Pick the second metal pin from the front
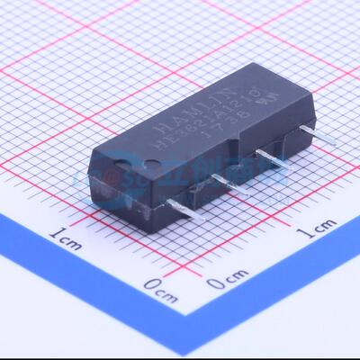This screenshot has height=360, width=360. (x=227, y=184)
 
